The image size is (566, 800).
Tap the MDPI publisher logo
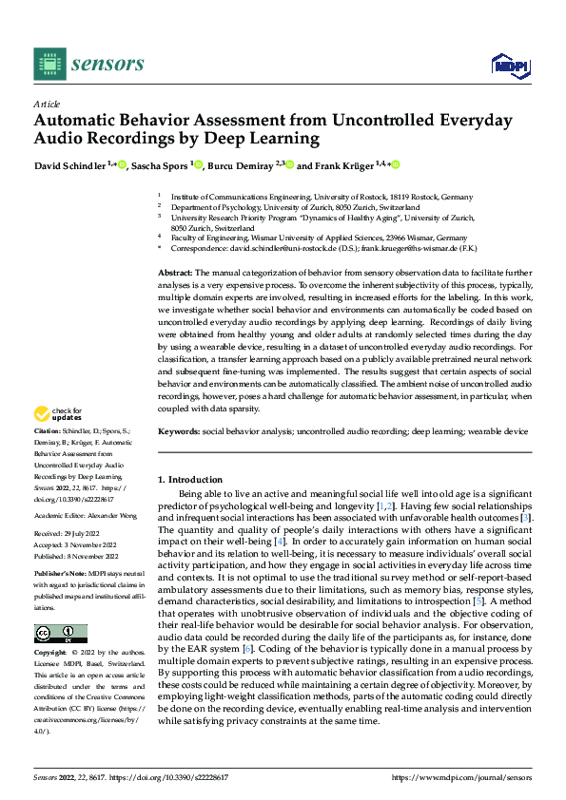(508, 64)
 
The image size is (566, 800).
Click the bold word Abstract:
(176, 273)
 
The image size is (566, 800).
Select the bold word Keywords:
(179, 431)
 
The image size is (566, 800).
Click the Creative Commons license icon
(60, 633)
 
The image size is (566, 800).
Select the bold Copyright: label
(53, 655)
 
